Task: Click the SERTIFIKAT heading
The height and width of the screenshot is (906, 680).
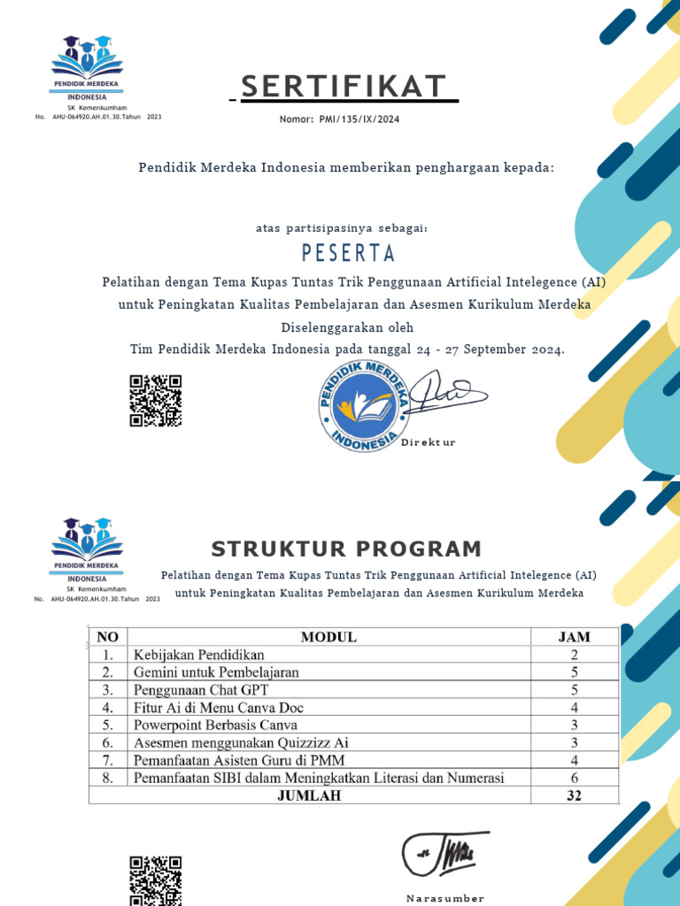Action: (344, 87)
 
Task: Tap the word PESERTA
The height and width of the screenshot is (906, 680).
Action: (348, 253)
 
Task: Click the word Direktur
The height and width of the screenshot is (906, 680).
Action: (429, 442)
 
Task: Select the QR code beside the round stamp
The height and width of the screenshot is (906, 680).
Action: (155, 401)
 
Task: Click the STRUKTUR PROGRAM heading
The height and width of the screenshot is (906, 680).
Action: (346, 549)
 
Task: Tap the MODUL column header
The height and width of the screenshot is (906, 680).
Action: (328, 637)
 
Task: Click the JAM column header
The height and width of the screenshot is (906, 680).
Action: (574, 637)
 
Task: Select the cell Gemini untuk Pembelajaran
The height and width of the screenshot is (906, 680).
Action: (216, 672)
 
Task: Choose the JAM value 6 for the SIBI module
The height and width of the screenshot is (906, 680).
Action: (574, 779)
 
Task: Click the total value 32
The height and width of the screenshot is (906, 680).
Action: (574, 796)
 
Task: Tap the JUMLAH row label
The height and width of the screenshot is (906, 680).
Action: (308, 796)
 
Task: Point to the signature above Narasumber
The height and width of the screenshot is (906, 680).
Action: (444, 852)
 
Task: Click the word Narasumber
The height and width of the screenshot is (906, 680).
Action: (444, 898)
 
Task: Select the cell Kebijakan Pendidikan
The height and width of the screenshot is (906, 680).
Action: (198, 655)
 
